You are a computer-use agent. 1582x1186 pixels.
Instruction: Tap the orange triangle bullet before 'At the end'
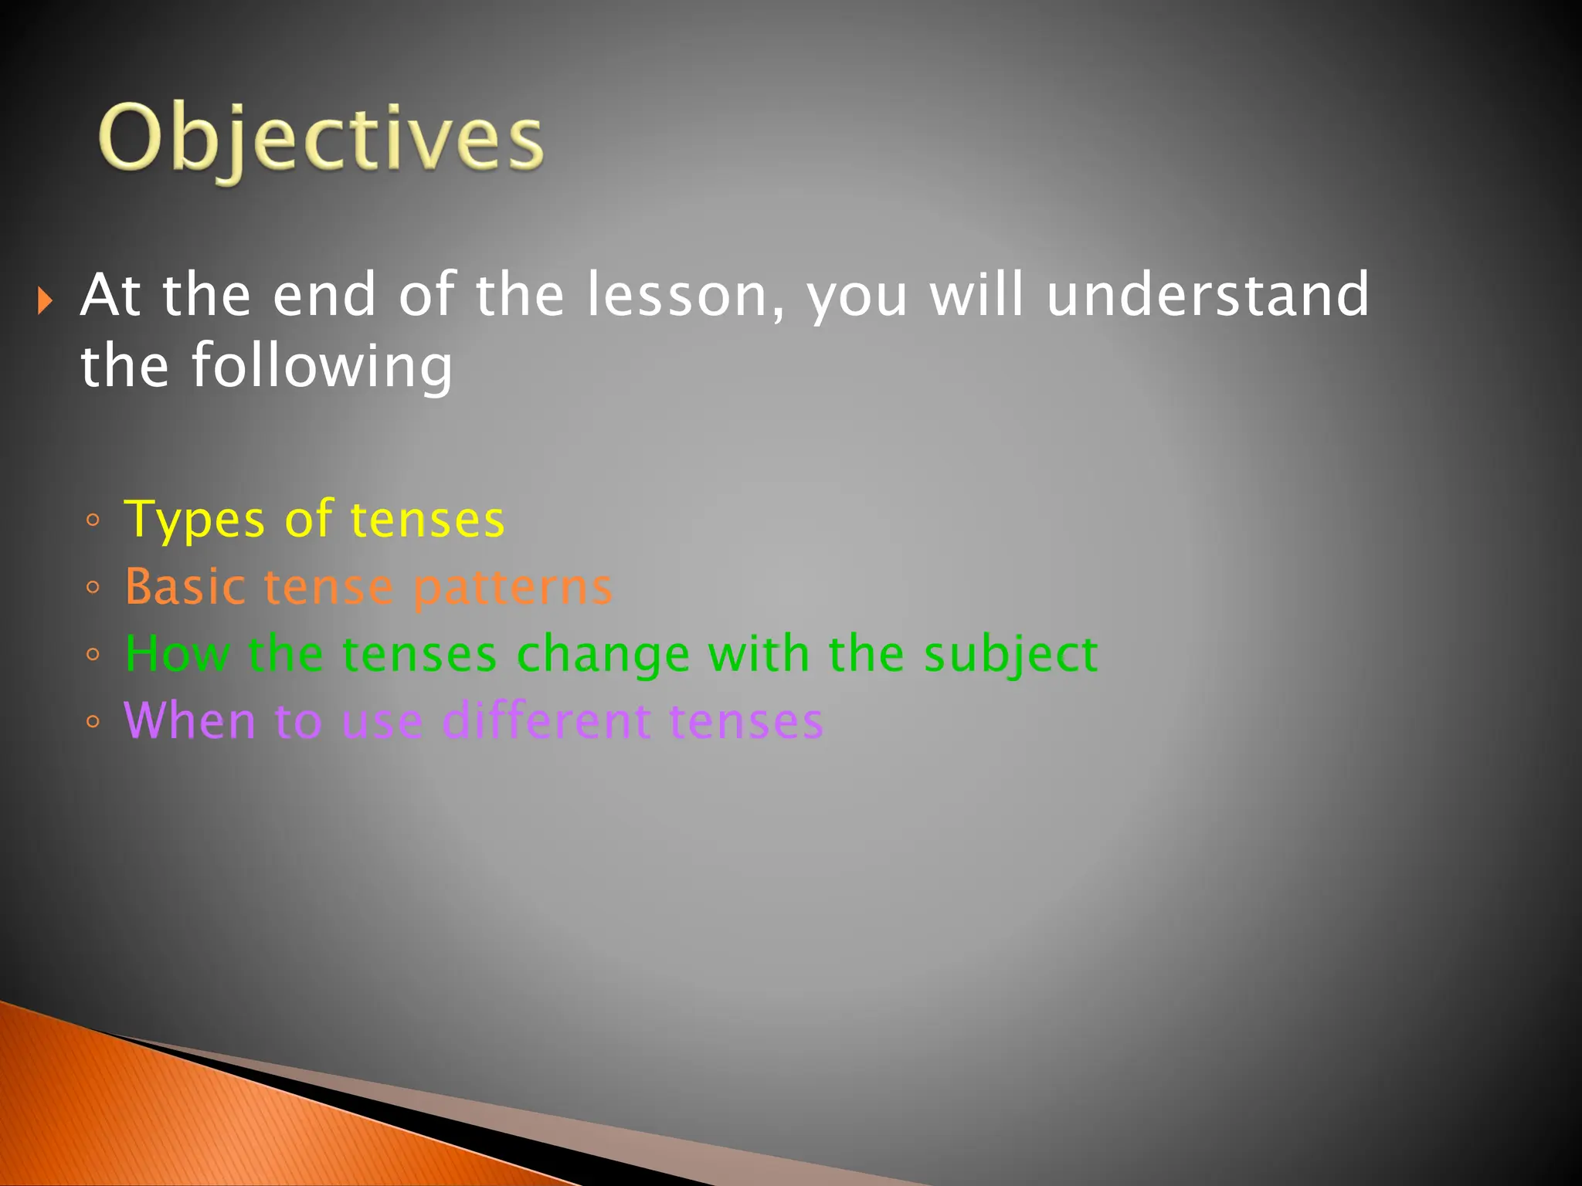pyautogui.click(x=45, y=300)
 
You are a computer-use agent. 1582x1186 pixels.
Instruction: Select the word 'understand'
pyautogui.click(x=1207, y=295)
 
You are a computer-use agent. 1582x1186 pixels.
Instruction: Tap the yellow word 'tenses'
pyautogui.click(x=427, y=520)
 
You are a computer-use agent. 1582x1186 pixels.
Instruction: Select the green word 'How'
pyautogui.click(x=177, y=654)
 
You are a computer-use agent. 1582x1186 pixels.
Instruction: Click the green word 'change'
pyautogui.click(x=603, y=655)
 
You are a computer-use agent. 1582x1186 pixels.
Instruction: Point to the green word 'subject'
pyautogui.click(x=1010, y=655)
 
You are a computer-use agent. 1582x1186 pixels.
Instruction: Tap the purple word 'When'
pyautogui.click(x=189, y=721)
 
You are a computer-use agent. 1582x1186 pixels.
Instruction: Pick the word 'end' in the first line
pyautogui.click(x=324, y=295)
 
